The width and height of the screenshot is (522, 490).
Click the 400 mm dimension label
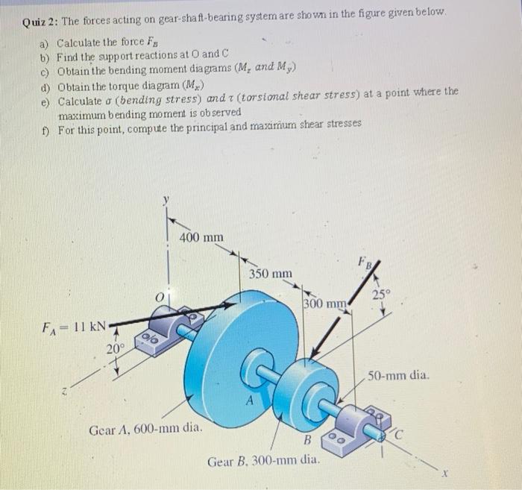pos(202,237)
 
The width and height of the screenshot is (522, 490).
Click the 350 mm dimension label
pos(271,274)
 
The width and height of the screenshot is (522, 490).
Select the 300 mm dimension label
pos(324,304)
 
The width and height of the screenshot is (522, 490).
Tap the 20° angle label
pos(115,348)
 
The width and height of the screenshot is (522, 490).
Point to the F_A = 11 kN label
pos(73,326)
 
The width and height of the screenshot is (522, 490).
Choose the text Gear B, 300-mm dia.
pos(265,460)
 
